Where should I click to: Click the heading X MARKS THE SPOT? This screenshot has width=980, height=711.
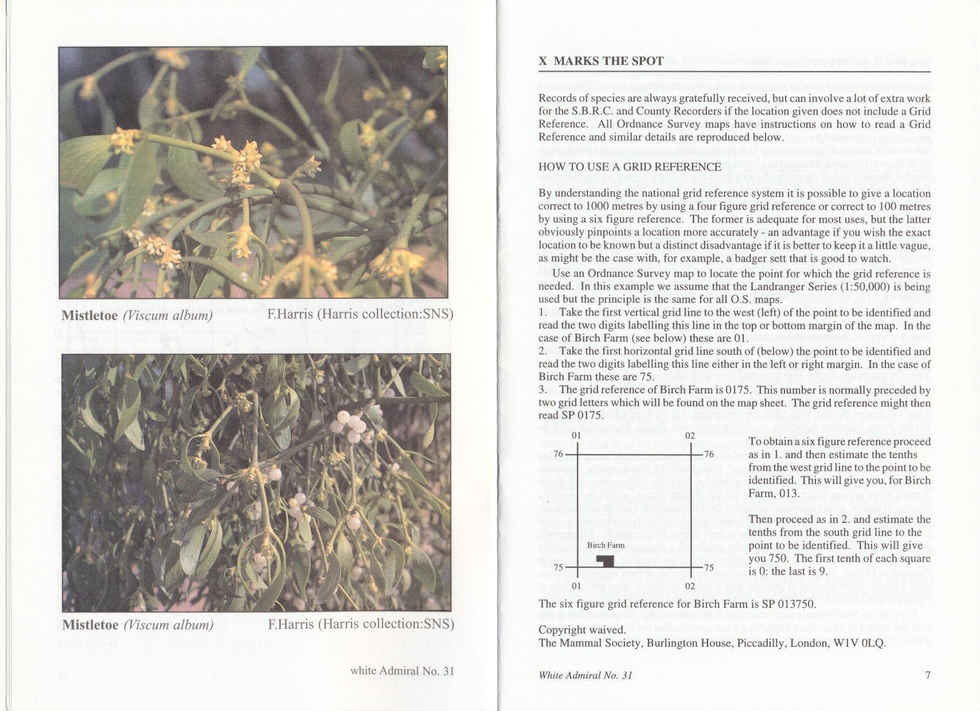600,61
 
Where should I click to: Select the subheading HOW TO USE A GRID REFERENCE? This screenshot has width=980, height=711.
630,167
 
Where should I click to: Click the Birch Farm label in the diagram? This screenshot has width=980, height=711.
605,545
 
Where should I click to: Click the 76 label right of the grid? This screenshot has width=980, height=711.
708,455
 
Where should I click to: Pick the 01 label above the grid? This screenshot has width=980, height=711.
577,436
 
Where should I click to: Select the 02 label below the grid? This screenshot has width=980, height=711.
690,586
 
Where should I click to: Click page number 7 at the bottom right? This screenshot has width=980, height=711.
928,675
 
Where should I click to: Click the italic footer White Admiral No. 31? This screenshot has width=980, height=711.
585,675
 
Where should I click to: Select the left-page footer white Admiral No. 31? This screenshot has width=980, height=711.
402,671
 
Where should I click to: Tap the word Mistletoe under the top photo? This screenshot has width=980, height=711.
89,315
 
